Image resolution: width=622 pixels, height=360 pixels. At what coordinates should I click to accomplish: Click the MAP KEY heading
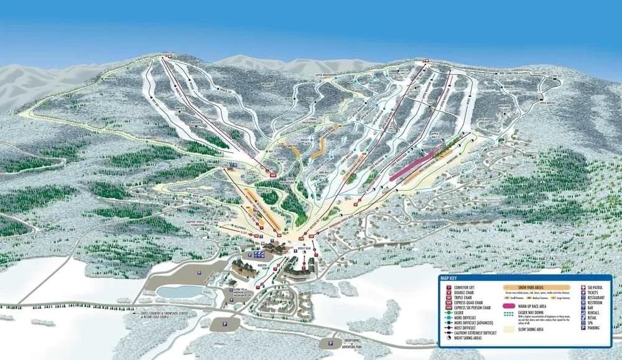coord(449,278)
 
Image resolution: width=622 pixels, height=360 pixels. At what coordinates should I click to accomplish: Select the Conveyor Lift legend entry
coord(463,287)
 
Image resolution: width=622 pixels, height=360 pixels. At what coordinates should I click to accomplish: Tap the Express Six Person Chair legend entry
coord(472,307)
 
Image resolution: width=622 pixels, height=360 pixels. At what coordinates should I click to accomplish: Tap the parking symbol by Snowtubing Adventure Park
coord(328,343)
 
